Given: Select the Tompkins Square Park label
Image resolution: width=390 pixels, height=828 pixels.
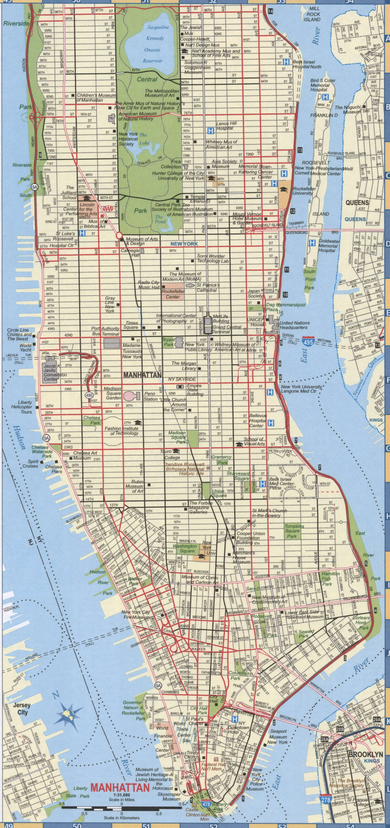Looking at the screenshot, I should (292, 531).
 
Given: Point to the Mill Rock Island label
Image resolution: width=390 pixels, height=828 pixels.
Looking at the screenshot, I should (311, 14).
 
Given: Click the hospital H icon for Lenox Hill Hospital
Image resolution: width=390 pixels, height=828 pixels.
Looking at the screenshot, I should (211, 131).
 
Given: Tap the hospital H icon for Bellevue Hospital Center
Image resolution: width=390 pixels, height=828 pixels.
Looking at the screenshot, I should (271, 422).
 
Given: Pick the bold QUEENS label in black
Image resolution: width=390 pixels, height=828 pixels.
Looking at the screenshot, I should (357, 203).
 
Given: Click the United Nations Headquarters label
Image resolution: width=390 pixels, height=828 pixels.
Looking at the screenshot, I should (294, 325).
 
